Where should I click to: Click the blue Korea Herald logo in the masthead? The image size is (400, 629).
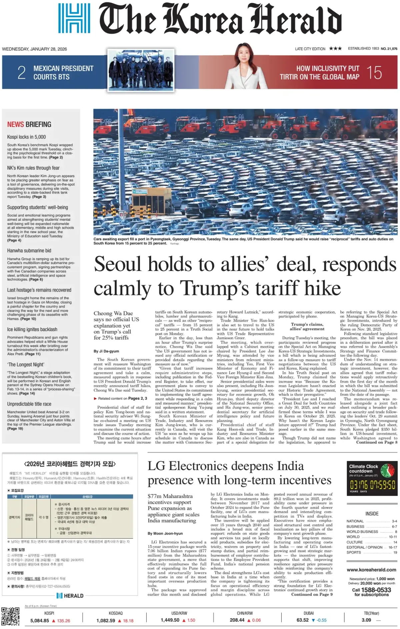[x=74, y=18]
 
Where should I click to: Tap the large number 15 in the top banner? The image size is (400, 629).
[x=374, y=73]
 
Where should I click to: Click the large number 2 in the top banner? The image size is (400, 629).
[x=21, y=73]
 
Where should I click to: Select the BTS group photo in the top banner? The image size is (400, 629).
[x=141, y=71]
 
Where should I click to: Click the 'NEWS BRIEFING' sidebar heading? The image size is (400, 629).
[x=29, y=125]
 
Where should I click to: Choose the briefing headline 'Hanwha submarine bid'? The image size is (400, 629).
[x=29, y=251]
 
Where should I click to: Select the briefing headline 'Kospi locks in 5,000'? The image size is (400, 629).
[x=27, y=137]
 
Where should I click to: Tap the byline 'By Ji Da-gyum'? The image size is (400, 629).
[x=106, y=351]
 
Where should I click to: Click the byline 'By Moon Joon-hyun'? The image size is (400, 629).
[x=165, y=533]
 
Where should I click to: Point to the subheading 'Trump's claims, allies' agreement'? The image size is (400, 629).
[x=307, y=326]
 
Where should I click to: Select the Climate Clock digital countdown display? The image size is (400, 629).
[x=372, y=484]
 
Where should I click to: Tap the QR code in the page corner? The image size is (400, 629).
[x=10, y=616]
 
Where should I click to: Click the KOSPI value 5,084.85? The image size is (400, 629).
[x=40, y=621]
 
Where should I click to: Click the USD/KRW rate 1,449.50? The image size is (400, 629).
[x=170, y=620]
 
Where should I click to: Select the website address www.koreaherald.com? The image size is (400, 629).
[x=371, y=570]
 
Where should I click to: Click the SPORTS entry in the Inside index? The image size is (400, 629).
[x=354, y=552]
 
